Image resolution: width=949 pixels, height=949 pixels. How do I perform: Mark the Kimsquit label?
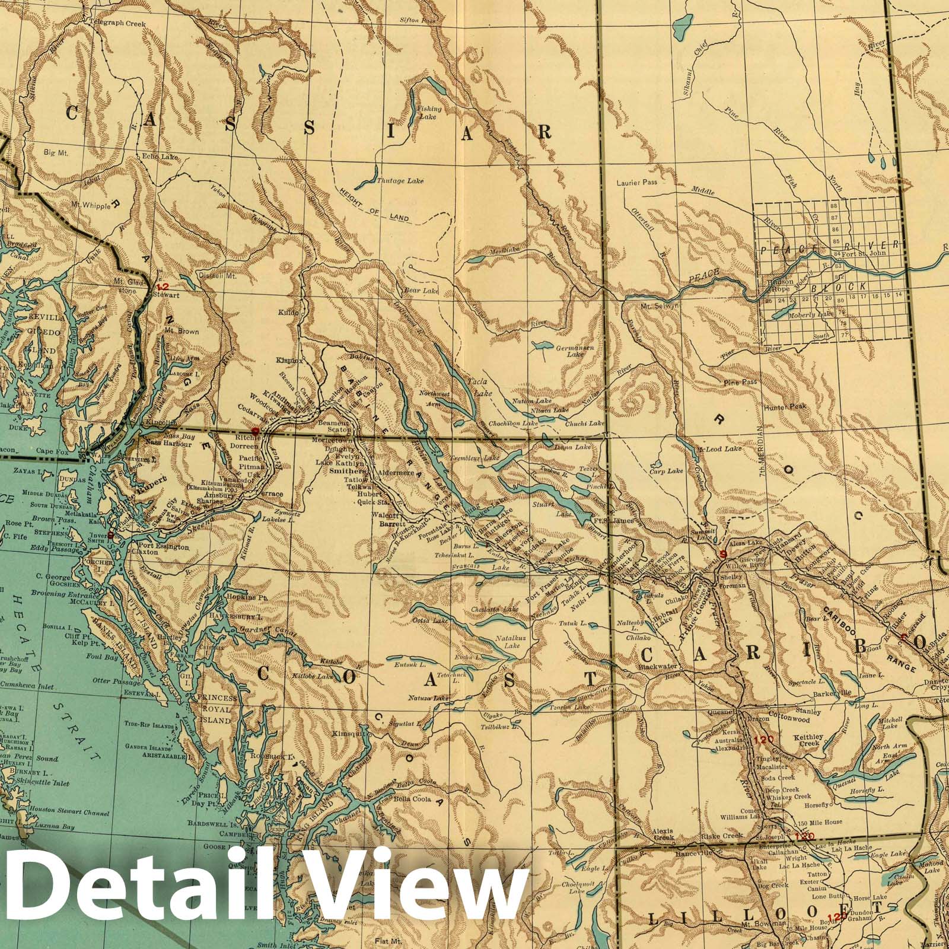[348, 734]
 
